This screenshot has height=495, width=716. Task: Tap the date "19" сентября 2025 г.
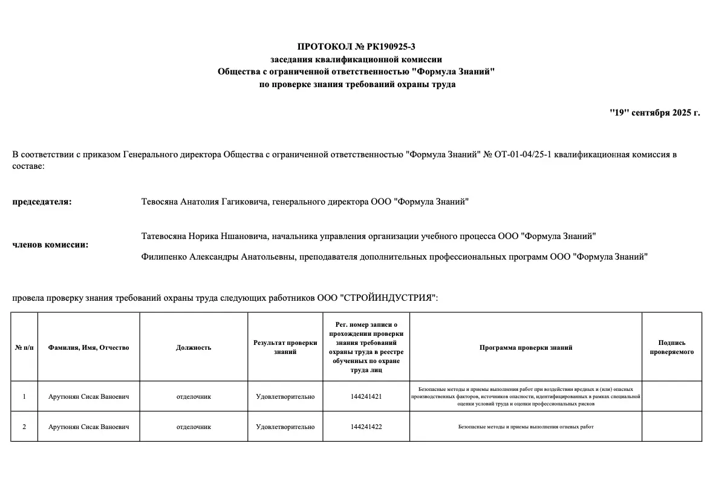pyautogui.click(x=654, y=113)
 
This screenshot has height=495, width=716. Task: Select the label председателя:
pyautogui.click(x=42, y=202)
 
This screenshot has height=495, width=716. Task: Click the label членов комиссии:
pyautogui.click(x=50, y=244)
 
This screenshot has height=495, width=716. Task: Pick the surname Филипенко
pyautogui.click(x=164, y=257)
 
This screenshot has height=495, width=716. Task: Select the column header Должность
pyautogui.click(x=194, y=347)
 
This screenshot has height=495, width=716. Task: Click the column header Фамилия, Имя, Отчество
pyautogui.click(x=88, y=347)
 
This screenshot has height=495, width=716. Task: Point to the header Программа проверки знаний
pyautogui.click(x=526, y=347)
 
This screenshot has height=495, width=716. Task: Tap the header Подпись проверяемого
pyautogui.click(x=671, y=347)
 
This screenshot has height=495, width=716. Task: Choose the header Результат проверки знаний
pyautogui.click(x=285, y=347)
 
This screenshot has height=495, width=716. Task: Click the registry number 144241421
pyautogui.click(x=366, y=396)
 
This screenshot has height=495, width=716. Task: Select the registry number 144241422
pyautogui.click(x=366, y=427)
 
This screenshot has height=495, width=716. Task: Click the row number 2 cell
pyautogui.click(x=24, y=427)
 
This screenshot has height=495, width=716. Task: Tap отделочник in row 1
pyautogui.click(x=194, y=396)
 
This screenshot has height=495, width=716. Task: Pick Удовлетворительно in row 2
pyautogui.click(x=285, y=427)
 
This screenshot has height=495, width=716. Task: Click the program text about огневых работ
pyautogui.click(x=526, y=427)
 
